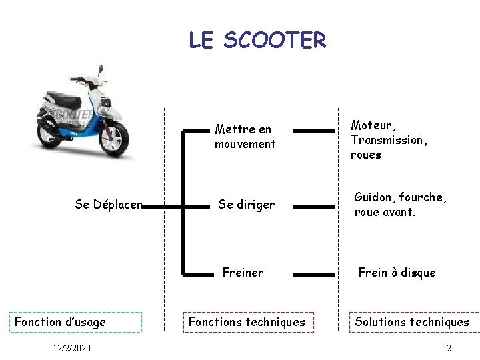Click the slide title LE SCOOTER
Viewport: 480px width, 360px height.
point(257,41)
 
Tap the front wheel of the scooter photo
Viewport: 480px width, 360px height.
point(114,139)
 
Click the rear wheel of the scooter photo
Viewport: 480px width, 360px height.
point(48,133)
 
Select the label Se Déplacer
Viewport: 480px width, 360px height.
point(109,205)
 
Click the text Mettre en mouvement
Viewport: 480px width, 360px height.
point(245,137)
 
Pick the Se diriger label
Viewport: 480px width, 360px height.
point(246,205)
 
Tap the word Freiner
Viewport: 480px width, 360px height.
point(243,272)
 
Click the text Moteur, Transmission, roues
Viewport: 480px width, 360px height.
point(389,140)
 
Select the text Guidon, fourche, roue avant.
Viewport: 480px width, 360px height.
point(400,205)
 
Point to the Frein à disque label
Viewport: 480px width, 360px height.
point(397,272)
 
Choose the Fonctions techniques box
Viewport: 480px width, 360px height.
point(247,322)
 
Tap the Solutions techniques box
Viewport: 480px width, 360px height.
point(412,322)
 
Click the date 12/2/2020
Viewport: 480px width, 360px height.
point(71,348)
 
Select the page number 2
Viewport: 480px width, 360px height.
point(449,348)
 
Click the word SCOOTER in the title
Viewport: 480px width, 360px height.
point(275,41)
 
